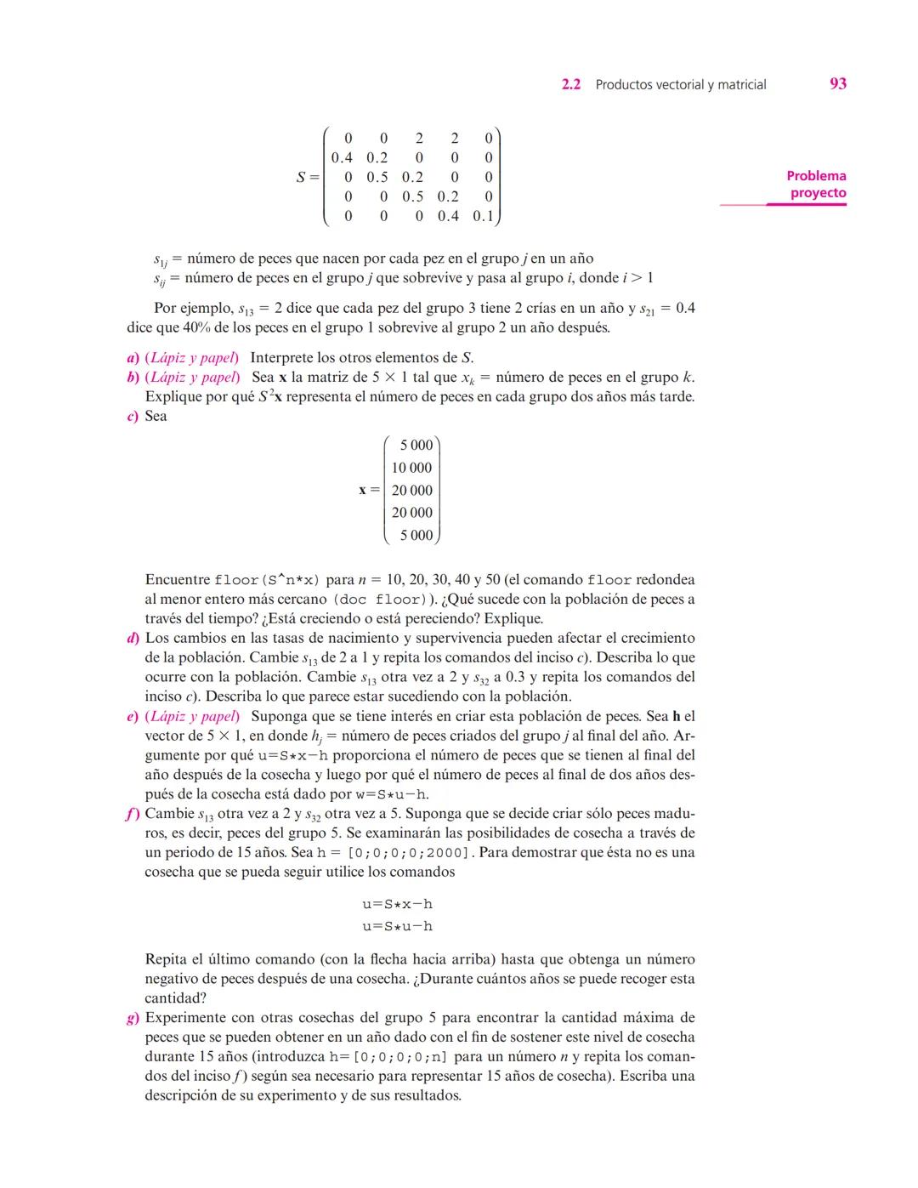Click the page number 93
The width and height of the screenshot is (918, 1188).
[837, 83]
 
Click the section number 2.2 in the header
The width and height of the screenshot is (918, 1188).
[571, 84]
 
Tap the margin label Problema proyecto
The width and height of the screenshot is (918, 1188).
[816, 185]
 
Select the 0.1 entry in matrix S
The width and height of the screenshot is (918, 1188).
[483, 216]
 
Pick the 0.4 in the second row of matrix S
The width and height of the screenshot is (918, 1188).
[342, 157]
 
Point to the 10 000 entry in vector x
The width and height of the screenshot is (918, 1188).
[411, 468]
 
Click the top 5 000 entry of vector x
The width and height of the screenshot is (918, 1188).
[416, 445]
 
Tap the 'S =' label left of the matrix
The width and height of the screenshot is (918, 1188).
[307, 177]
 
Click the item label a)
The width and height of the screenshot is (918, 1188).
[133, 358]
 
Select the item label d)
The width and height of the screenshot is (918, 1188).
[133, 638]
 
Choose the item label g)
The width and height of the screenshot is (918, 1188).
[133, 1018]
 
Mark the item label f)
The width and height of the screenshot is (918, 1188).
[133, 814]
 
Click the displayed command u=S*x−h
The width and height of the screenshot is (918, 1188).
[397, 904]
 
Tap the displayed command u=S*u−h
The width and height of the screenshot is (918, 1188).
[397, 926]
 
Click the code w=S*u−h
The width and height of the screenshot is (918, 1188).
[392, 794]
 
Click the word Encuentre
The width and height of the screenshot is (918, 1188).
[178, 580]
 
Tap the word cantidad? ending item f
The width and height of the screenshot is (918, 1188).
[175, 998]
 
